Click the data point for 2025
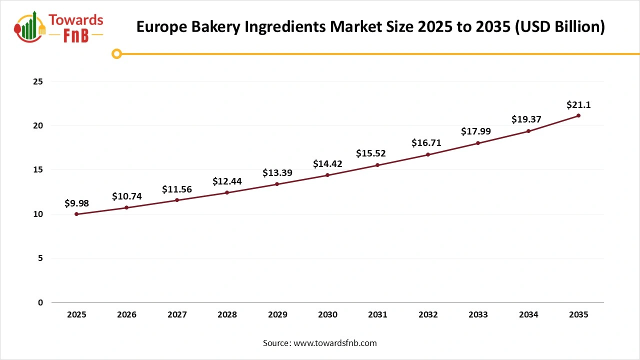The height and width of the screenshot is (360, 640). pyautogui.click(x=76, y=214)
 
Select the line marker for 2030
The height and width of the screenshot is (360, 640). pyautogui.click(x=327, y=175)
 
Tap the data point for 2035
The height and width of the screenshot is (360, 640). pyautogui.click(x=578, y=115)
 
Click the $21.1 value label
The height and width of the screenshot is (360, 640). pyautogui.click(x=578, y=105)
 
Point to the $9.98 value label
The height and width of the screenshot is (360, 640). pyautogui.click(x=76, y=203)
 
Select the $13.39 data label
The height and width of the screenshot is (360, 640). pyautogui.click(x=277, y=173)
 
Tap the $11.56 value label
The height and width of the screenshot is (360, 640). pyautogui.click(x=177, y=189)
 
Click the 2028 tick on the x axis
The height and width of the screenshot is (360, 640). pyautogui.click(x=227, y=315)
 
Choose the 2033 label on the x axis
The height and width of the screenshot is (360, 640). pyautogui.click(x=478, y=315)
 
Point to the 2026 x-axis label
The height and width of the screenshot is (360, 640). pyautogui.click(x=126, y=315)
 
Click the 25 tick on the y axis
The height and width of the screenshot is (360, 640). pyautogui.click(x=38, y=81)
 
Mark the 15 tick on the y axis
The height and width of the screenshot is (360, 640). pyautogui.click(x=38, y=170)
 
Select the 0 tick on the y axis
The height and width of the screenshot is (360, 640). pyautogui.click(x=40, y=302)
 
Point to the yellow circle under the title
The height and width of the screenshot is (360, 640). pyautogui.click(x=116, y=53)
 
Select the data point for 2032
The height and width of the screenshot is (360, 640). pyautogui.click(x=428, y=154)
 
